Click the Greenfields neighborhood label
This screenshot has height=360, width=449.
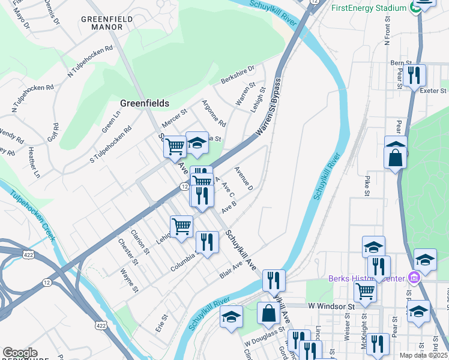[x=144, y=103]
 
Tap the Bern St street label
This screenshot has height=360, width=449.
[x=400, y=62]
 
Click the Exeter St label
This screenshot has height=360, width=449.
[x=433, y=91]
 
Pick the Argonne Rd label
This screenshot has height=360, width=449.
[x=213, y=113]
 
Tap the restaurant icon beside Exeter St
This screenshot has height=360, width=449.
[x=414, y=76]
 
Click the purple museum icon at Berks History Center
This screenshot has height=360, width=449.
[x=414, y=278]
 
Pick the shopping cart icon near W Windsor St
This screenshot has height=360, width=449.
[x=365, y=292]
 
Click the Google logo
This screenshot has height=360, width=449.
[x=20, y=353]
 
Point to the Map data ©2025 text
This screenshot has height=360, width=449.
[x=423, y=355]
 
